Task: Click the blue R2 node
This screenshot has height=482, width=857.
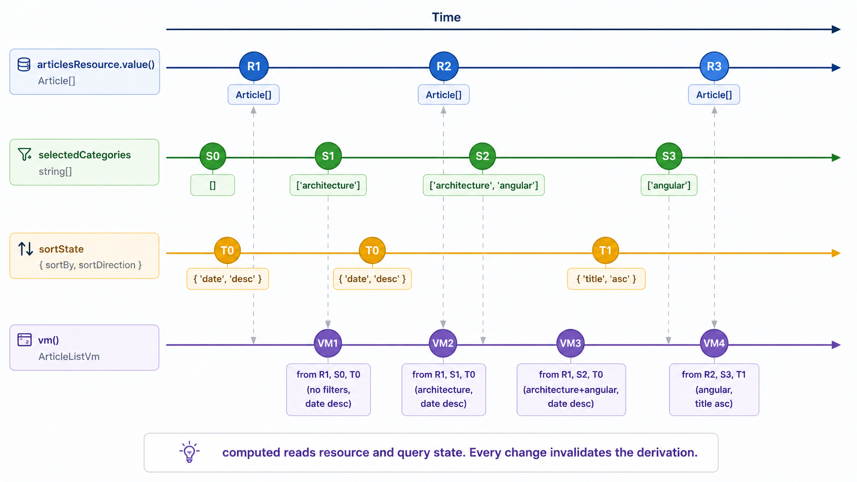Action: point(443,66)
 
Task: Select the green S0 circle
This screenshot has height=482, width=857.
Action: point(213,156)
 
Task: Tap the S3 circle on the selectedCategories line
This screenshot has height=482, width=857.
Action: point(668,156)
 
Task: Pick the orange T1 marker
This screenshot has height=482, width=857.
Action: point(605,250)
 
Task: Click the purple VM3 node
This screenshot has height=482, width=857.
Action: point(570,343)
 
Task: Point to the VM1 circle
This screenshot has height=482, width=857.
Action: point(328,343)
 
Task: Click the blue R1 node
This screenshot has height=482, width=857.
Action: point(254,66)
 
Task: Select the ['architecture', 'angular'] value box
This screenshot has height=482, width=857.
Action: point(483,185)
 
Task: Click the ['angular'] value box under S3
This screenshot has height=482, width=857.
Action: point(669,185)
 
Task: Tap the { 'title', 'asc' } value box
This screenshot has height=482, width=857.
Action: point(606,279)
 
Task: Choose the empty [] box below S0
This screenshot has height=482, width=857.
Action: point(213,185)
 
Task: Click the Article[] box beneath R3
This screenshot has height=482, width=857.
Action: point(714,95)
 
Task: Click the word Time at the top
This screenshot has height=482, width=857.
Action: point(446,17)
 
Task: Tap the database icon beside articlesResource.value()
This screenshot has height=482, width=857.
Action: point(24,64)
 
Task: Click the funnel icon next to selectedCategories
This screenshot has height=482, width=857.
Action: point(25,154)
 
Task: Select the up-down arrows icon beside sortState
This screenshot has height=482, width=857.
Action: point(26,249)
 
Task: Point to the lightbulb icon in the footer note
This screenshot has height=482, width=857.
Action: point(189,452)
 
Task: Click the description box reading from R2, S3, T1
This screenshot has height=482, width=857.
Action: point(714,389)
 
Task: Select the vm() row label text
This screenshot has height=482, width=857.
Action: point(49,340)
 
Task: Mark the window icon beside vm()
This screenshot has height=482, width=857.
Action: point(25,340)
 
